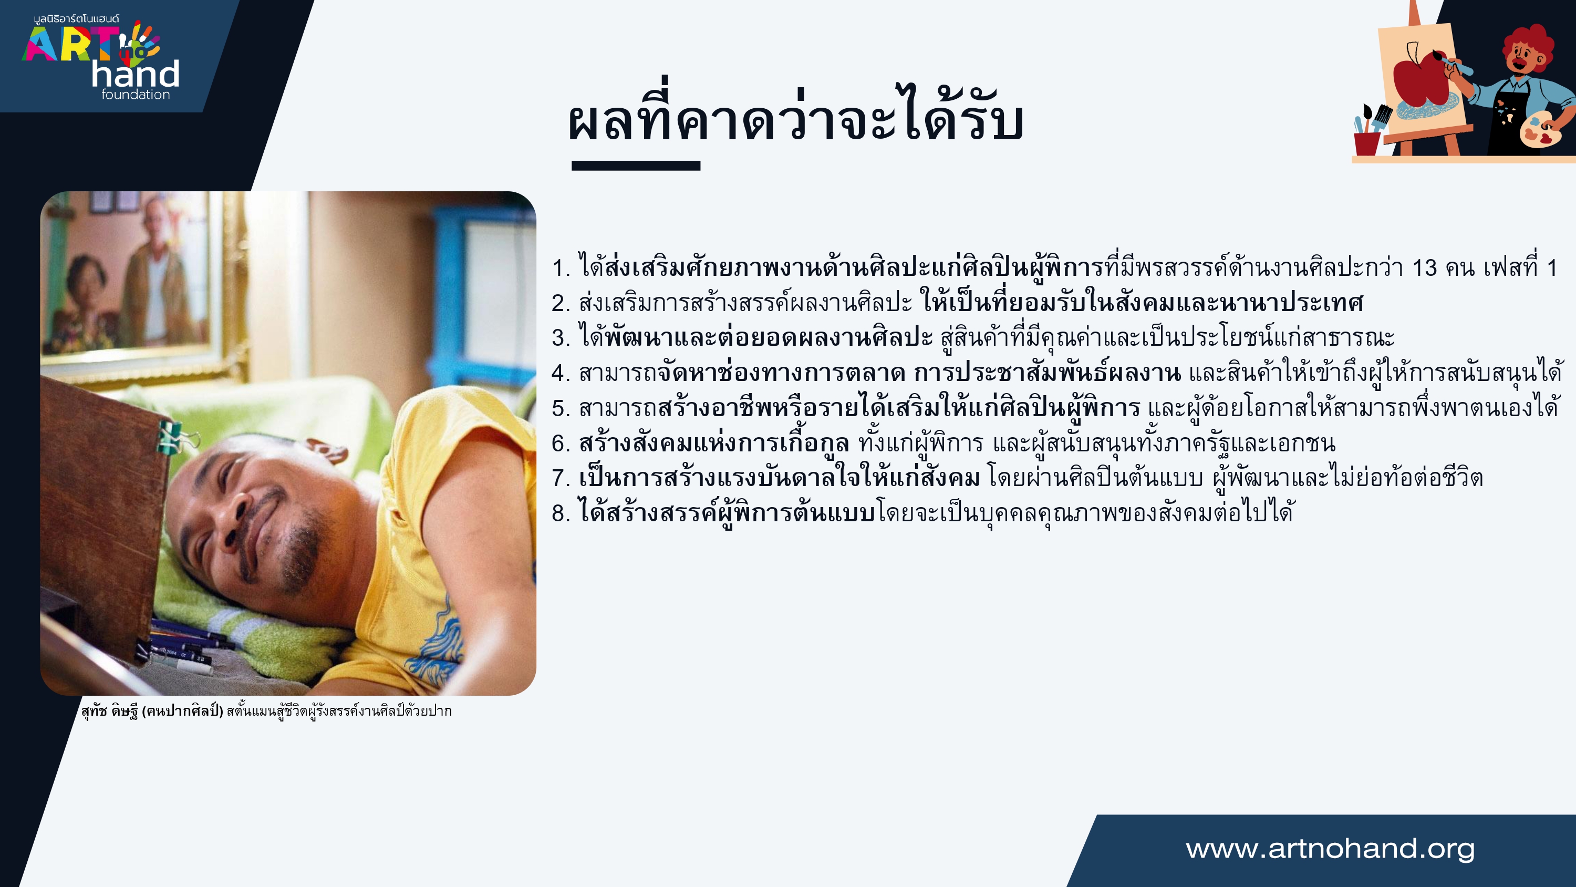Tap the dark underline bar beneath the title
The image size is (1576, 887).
(636, 166)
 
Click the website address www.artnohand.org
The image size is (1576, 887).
(1330, 849)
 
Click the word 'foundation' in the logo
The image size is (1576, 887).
(136, 94)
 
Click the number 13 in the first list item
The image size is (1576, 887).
(1425, 267)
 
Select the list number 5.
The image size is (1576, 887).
(558, 408)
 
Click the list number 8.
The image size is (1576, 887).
(558, 513)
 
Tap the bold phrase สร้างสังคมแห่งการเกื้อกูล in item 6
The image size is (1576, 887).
(714, 442)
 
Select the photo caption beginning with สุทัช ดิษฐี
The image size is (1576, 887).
(266, 710)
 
